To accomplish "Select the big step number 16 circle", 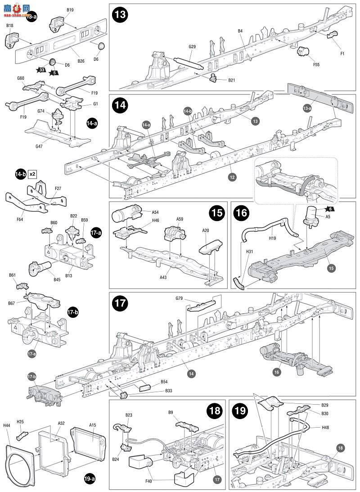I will [242, 213].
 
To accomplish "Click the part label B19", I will [70, 9].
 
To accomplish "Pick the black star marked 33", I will [41, 70].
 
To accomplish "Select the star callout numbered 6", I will [330, 209].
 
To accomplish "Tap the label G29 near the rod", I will [192, 47].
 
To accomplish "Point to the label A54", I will [155, 212].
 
